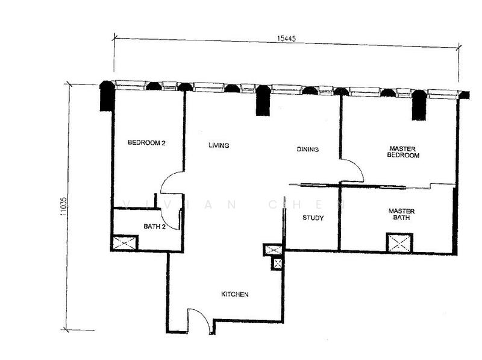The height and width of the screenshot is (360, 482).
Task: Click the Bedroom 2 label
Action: point(146,143)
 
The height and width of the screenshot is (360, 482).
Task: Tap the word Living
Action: point(219,145)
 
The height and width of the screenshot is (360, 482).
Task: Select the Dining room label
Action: point(308,149)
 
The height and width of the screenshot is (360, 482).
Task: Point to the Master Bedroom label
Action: point(403,152)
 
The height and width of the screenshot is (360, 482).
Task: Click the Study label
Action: point(313,218)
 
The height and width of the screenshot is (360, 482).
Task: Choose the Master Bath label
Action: point(401,214)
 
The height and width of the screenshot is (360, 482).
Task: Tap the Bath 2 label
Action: point(155,227)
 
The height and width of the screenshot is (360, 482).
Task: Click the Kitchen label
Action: point(235,294)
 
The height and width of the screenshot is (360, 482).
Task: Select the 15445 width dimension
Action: point(287,39)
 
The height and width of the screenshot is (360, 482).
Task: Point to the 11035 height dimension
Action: point(63,206)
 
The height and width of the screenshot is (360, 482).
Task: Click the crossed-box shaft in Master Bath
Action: point(399,243)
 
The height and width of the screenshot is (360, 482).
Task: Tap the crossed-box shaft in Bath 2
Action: point(125,243)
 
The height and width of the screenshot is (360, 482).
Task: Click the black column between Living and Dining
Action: point(263,101)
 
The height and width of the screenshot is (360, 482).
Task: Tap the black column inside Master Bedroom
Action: point(419,105)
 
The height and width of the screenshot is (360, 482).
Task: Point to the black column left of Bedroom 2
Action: point(107,96)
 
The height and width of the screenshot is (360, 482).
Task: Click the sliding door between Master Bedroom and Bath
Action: point(374,186)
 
